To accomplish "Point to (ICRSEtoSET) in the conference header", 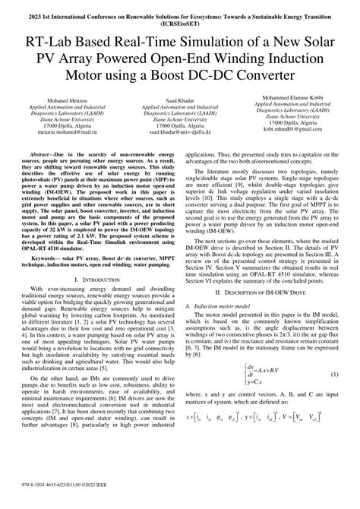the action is [180, 23].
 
